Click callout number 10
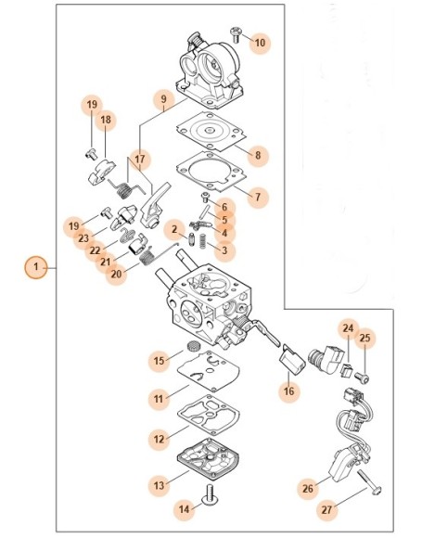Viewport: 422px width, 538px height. click(260, 43)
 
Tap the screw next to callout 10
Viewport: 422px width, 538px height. click(237, 34)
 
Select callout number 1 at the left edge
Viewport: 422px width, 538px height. click(36, 267)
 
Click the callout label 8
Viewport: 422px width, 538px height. click(258, 155)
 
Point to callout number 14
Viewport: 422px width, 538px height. click(185, 509)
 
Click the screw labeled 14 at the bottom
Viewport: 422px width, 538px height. click(209, 493)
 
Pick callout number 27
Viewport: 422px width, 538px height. click(326, 509)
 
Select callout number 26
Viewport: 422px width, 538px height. click(308, 488)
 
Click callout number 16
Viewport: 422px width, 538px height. click(289, 391)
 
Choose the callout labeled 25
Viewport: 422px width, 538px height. click(364, 338)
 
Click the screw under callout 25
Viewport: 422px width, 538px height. click(363, 378)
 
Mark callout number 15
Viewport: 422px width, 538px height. click(159, 361)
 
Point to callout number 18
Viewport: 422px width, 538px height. click(106, 120)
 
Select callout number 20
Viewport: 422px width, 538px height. click(116, 274)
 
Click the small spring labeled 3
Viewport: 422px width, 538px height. click(202, 240)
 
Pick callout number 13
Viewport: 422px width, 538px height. click(159, 485)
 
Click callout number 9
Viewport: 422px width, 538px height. click(163, 99)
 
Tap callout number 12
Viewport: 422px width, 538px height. click(159, 439)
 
